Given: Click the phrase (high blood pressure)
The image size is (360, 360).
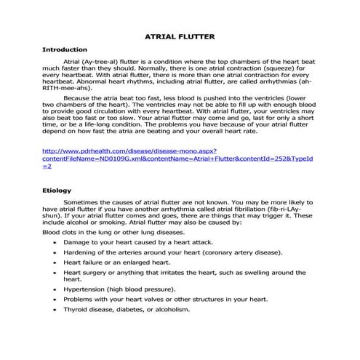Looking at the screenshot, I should click(145, 289).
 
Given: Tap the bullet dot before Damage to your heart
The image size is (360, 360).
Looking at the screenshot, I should click(55, 241).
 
